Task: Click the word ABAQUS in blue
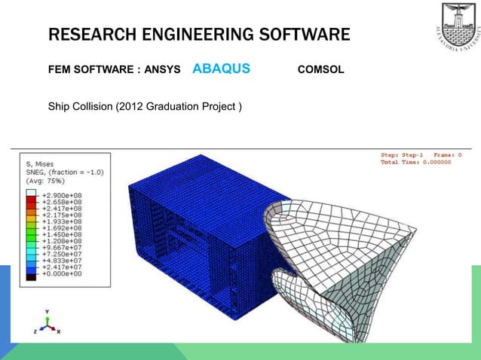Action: click(221, 69)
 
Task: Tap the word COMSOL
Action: click(321, 70)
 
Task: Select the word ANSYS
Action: click(162, 70)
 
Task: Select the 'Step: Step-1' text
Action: click(403, 154)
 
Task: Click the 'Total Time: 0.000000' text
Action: click(415, 162)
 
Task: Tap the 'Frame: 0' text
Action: click(447, 154)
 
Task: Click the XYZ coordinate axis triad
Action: click(47, 323)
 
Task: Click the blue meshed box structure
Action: click(196, 241)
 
